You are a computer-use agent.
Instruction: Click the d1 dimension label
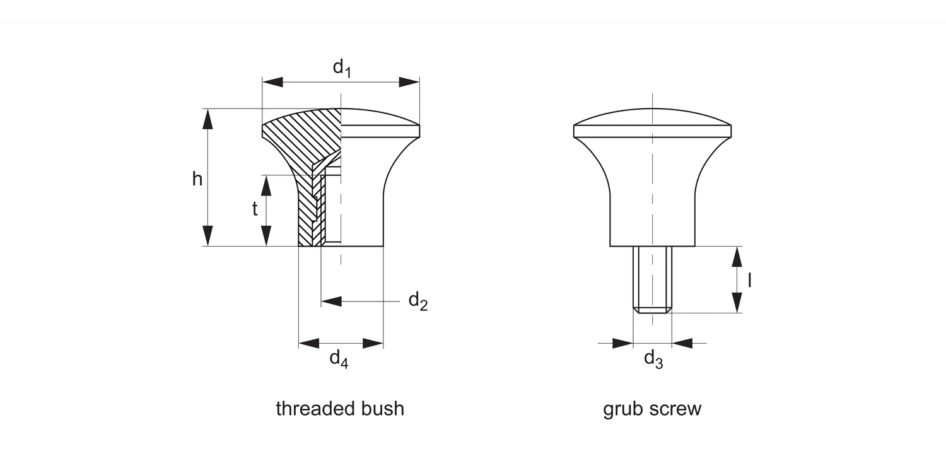[341, 67]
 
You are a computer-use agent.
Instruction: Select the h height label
[197, 179]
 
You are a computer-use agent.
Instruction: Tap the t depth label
[255, 209]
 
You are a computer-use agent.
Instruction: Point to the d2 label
[418, 301]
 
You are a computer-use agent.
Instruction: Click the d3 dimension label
[653, 359]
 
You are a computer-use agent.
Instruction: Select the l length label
[749, 280]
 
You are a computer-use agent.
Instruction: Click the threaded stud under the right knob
[652, 278]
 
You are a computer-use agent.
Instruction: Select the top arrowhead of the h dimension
[207, 119]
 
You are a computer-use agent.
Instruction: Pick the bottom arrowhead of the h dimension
[207, 236]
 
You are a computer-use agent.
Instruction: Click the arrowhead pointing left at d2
[331, 301]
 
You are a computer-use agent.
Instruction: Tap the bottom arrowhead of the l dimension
[737, 303]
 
